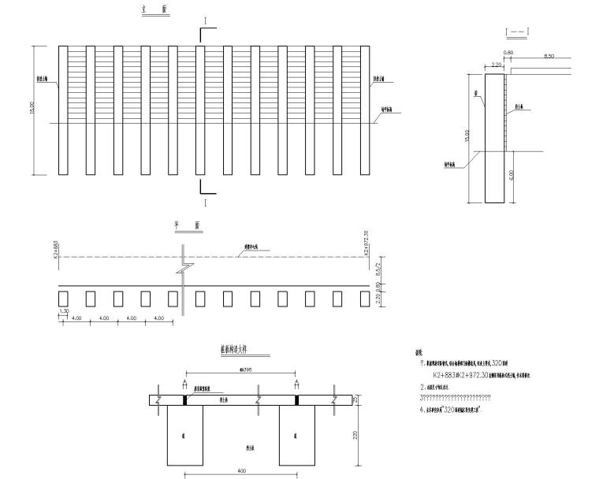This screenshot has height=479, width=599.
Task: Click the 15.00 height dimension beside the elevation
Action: pos(32,110)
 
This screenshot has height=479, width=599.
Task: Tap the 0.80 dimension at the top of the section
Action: pos(508,53)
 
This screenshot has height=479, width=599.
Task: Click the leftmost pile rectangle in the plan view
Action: pos(64,298)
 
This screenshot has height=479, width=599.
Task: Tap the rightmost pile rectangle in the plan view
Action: pos(364,298)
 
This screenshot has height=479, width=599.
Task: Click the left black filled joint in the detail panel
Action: pos(184,400)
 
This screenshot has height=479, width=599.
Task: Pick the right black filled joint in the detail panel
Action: pos(297,400)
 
